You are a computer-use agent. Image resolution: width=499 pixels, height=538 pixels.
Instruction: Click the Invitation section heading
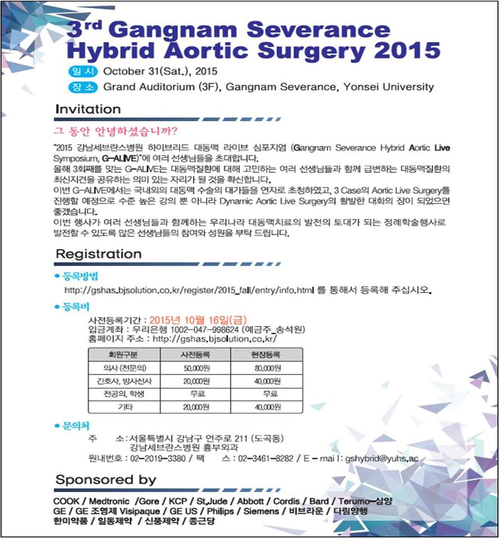pyautogui.click(x=88, y=109)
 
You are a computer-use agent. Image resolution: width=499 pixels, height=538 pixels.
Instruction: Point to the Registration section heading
pyautogui.click(x=98, y=254)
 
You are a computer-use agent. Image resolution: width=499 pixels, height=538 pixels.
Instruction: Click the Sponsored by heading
pyautogui.click(x=106, y=480)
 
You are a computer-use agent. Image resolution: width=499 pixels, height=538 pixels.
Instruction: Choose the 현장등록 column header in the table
pyautogui.click(x=266, y=355)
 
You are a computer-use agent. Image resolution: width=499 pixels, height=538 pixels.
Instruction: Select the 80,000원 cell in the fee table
pyautogui.click(x=266, y=368)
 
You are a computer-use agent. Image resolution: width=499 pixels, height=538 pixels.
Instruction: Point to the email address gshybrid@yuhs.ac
pyautogui.click(x=381, y=458)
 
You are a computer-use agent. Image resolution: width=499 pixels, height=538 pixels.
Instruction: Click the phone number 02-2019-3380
pyautogui.click(x=159, y=458)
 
